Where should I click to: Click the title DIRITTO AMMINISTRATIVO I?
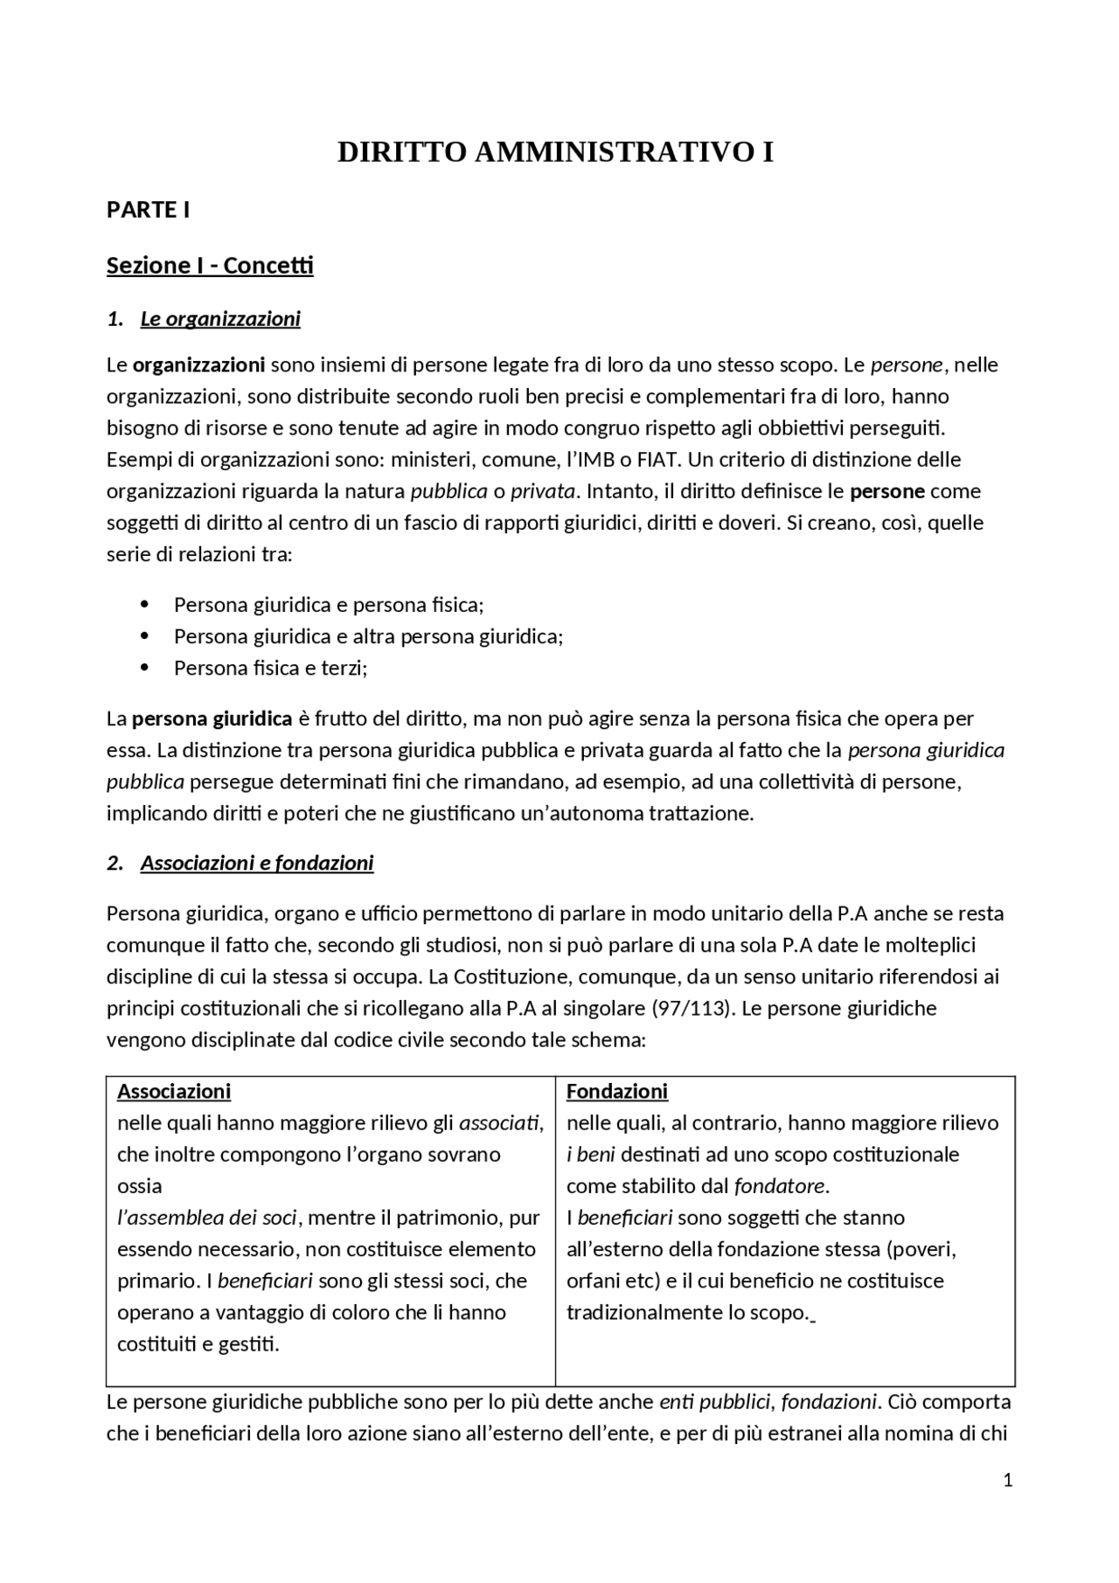pos(555,153)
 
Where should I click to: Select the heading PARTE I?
pos(148,211)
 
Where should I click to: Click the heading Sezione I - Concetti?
pos(210,266)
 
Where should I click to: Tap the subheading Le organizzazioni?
pos(219,319)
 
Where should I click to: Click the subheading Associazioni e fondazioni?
pos(256,864)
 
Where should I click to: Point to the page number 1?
pos(1008,1481)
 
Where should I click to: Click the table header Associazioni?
pos(174,1092)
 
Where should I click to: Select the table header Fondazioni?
pos(616,1092)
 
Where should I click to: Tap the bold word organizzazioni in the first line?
pos(198,365)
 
